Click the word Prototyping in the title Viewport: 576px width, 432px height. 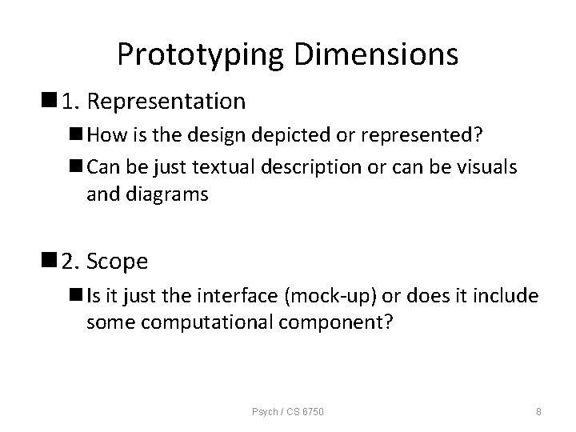coord(201,54)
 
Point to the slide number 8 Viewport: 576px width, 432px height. coord(538,412)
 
